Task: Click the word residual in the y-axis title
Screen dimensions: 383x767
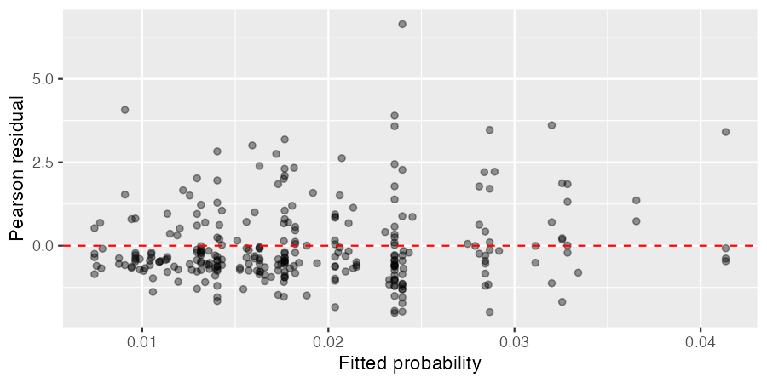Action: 17,140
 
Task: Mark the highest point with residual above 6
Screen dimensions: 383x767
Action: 402,24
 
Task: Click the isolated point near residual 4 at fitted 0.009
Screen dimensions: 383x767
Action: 125,110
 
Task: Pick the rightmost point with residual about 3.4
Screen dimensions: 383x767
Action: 725,132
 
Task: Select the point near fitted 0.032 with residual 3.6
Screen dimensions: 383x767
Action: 551,125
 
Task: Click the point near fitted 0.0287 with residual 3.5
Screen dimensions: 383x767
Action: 490,130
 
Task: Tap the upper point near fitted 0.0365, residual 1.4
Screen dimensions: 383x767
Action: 637,201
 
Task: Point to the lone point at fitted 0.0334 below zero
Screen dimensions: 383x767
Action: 578,272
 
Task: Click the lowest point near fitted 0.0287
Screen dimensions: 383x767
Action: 489,312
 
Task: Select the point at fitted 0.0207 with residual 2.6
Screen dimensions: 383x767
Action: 342,158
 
